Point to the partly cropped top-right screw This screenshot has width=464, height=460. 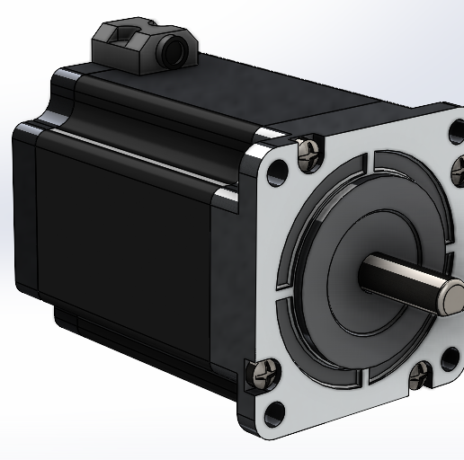pos(457,167)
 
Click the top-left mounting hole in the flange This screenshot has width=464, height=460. pos(280,167)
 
